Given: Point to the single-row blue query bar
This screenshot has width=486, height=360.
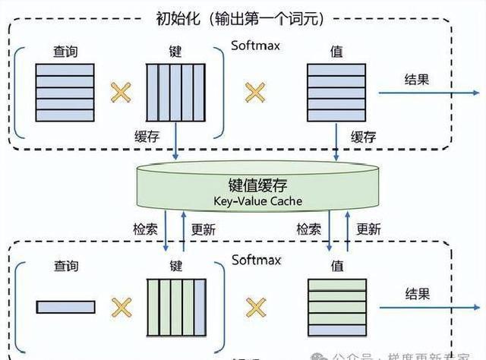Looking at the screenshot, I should point(65,307).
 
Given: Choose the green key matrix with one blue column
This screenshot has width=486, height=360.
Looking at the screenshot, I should point(176,307).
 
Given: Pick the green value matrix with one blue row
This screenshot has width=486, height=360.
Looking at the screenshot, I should point(336,307).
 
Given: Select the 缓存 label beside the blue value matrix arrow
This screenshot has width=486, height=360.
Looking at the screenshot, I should point(363,137).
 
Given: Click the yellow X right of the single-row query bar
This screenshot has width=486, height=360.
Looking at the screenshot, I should point(120,308).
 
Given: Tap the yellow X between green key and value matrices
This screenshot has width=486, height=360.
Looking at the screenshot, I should point(256,308).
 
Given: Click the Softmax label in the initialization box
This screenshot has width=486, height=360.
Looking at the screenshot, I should point(256,46).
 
